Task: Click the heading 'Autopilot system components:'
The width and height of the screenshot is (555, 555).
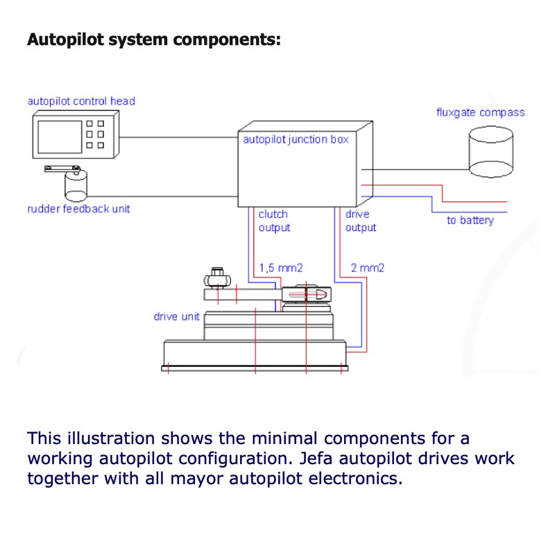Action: pos(153,39)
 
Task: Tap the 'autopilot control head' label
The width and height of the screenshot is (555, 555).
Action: pos(81,101)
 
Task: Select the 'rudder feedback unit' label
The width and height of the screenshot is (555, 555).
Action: pos(78,209)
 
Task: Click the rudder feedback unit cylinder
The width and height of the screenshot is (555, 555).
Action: pos(76,185)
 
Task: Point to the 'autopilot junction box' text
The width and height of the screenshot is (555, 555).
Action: pos(295,139)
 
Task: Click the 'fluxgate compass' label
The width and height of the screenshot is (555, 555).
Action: pos(480,112)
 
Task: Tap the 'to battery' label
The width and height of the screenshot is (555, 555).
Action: pos(470,221)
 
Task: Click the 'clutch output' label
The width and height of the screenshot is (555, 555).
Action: pos(274,221)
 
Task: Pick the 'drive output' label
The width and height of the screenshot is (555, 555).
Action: pos(360,221)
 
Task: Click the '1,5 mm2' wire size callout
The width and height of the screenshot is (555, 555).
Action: pos(281,267)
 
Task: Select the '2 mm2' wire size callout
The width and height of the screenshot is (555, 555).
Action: pos(368,267)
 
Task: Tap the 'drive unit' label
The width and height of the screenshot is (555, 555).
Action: pos(176,317)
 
